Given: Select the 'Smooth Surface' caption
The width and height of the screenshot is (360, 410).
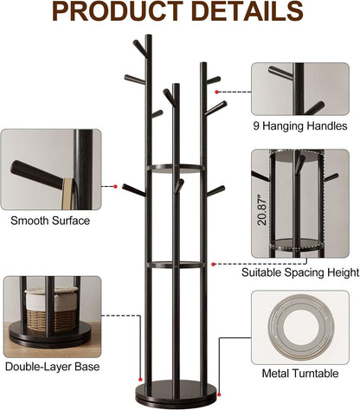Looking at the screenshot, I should [x=49, y=221].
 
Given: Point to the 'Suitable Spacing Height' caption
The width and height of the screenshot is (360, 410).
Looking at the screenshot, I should [x=300, y=272].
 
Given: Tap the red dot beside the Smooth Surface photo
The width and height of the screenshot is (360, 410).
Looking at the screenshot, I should [x=115, y=186].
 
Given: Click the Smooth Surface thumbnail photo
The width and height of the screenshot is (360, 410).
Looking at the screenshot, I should [x=50, y=169].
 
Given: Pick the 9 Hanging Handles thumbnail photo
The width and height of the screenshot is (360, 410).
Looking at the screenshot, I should [x=300, y=90].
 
